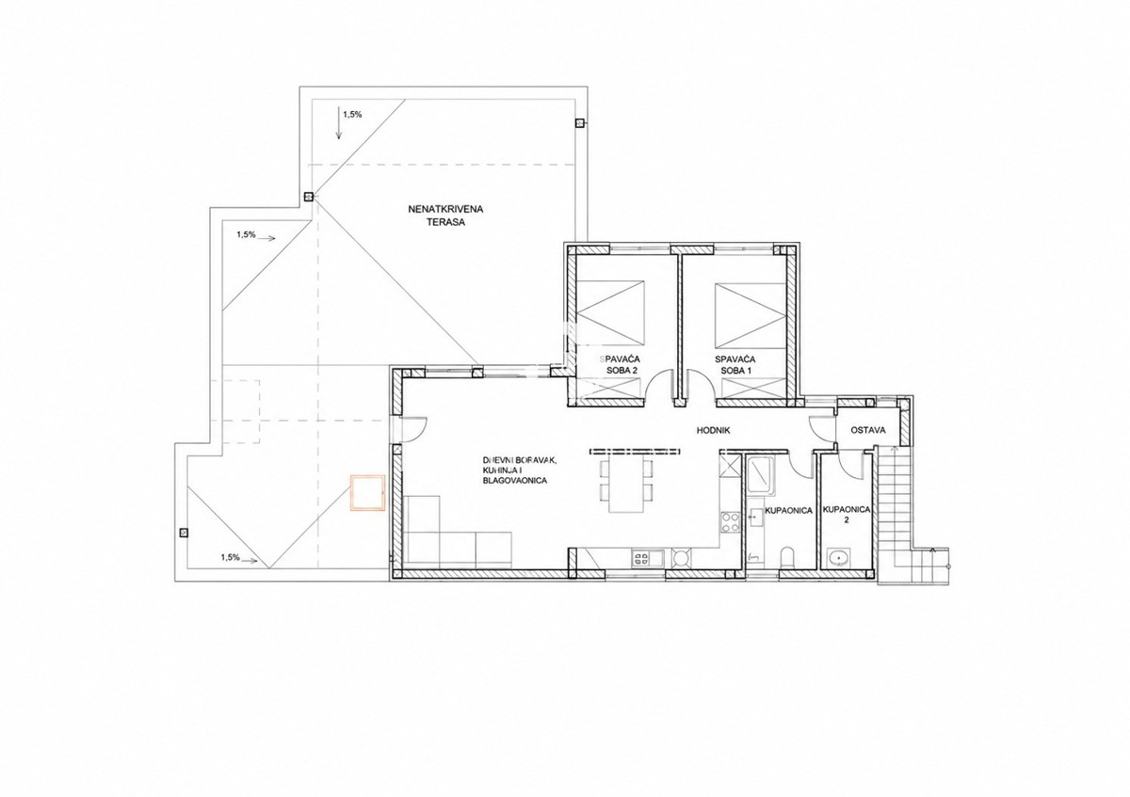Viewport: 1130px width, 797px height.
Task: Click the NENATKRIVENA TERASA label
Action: pos(445,215)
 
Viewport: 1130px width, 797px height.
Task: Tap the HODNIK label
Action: pos(714,431)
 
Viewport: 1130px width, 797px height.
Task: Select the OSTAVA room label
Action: pos(868,431)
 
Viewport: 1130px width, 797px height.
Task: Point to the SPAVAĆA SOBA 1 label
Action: pos(735,365)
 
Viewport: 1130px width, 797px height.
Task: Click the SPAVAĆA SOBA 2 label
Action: pos(620,365)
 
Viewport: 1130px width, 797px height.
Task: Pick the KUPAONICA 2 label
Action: pos(847,514)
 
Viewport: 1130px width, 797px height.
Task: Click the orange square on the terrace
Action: pos(368,493)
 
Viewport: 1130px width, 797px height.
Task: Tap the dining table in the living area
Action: pos(626,484)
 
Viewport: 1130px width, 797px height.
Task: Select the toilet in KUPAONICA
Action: pos(787,558)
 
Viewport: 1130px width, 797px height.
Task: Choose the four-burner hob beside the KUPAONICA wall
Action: pos(730,522)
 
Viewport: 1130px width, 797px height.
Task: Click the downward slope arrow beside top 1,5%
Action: pos(339,122)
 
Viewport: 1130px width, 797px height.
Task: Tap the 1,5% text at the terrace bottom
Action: pos(230,557)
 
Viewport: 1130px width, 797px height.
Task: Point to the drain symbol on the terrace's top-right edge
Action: pos(580,122)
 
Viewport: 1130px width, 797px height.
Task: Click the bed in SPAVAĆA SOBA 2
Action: pos(610,312)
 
